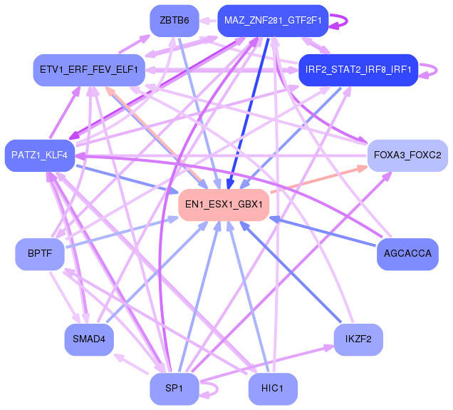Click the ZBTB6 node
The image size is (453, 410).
[x=175, y=21]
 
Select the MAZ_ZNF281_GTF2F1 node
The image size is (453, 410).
[x=273, y=21]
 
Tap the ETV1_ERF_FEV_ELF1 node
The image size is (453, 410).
[x=89, y=70]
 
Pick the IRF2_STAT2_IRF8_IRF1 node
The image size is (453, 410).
[x=358, y=70]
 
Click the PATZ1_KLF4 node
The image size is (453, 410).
[x=40, y=155]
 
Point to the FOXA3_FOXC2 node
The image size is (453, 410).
[x=407, y=155]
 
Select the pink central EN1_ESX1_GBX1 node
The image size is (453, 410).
[x=224, y=205]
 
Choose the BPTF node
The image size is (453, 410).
[x=40, y=254]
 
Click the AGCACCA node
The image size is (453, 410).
[x=407, y=254]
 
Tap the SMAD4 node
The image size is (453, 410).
[x=89, y=339]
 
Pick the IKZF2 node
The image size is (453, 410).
[x=358, y=339]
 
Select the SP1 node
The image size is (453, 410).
[x=175, y=389]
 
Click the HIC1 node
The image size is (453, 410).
[x=273, y=389]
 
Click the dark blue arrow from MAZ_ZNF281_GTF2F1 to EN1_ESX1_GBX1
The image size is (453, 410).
[x=249, y=113]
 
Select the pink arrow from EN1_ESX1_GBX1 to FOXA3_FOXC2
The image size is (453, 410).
[x=318, y=179]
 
